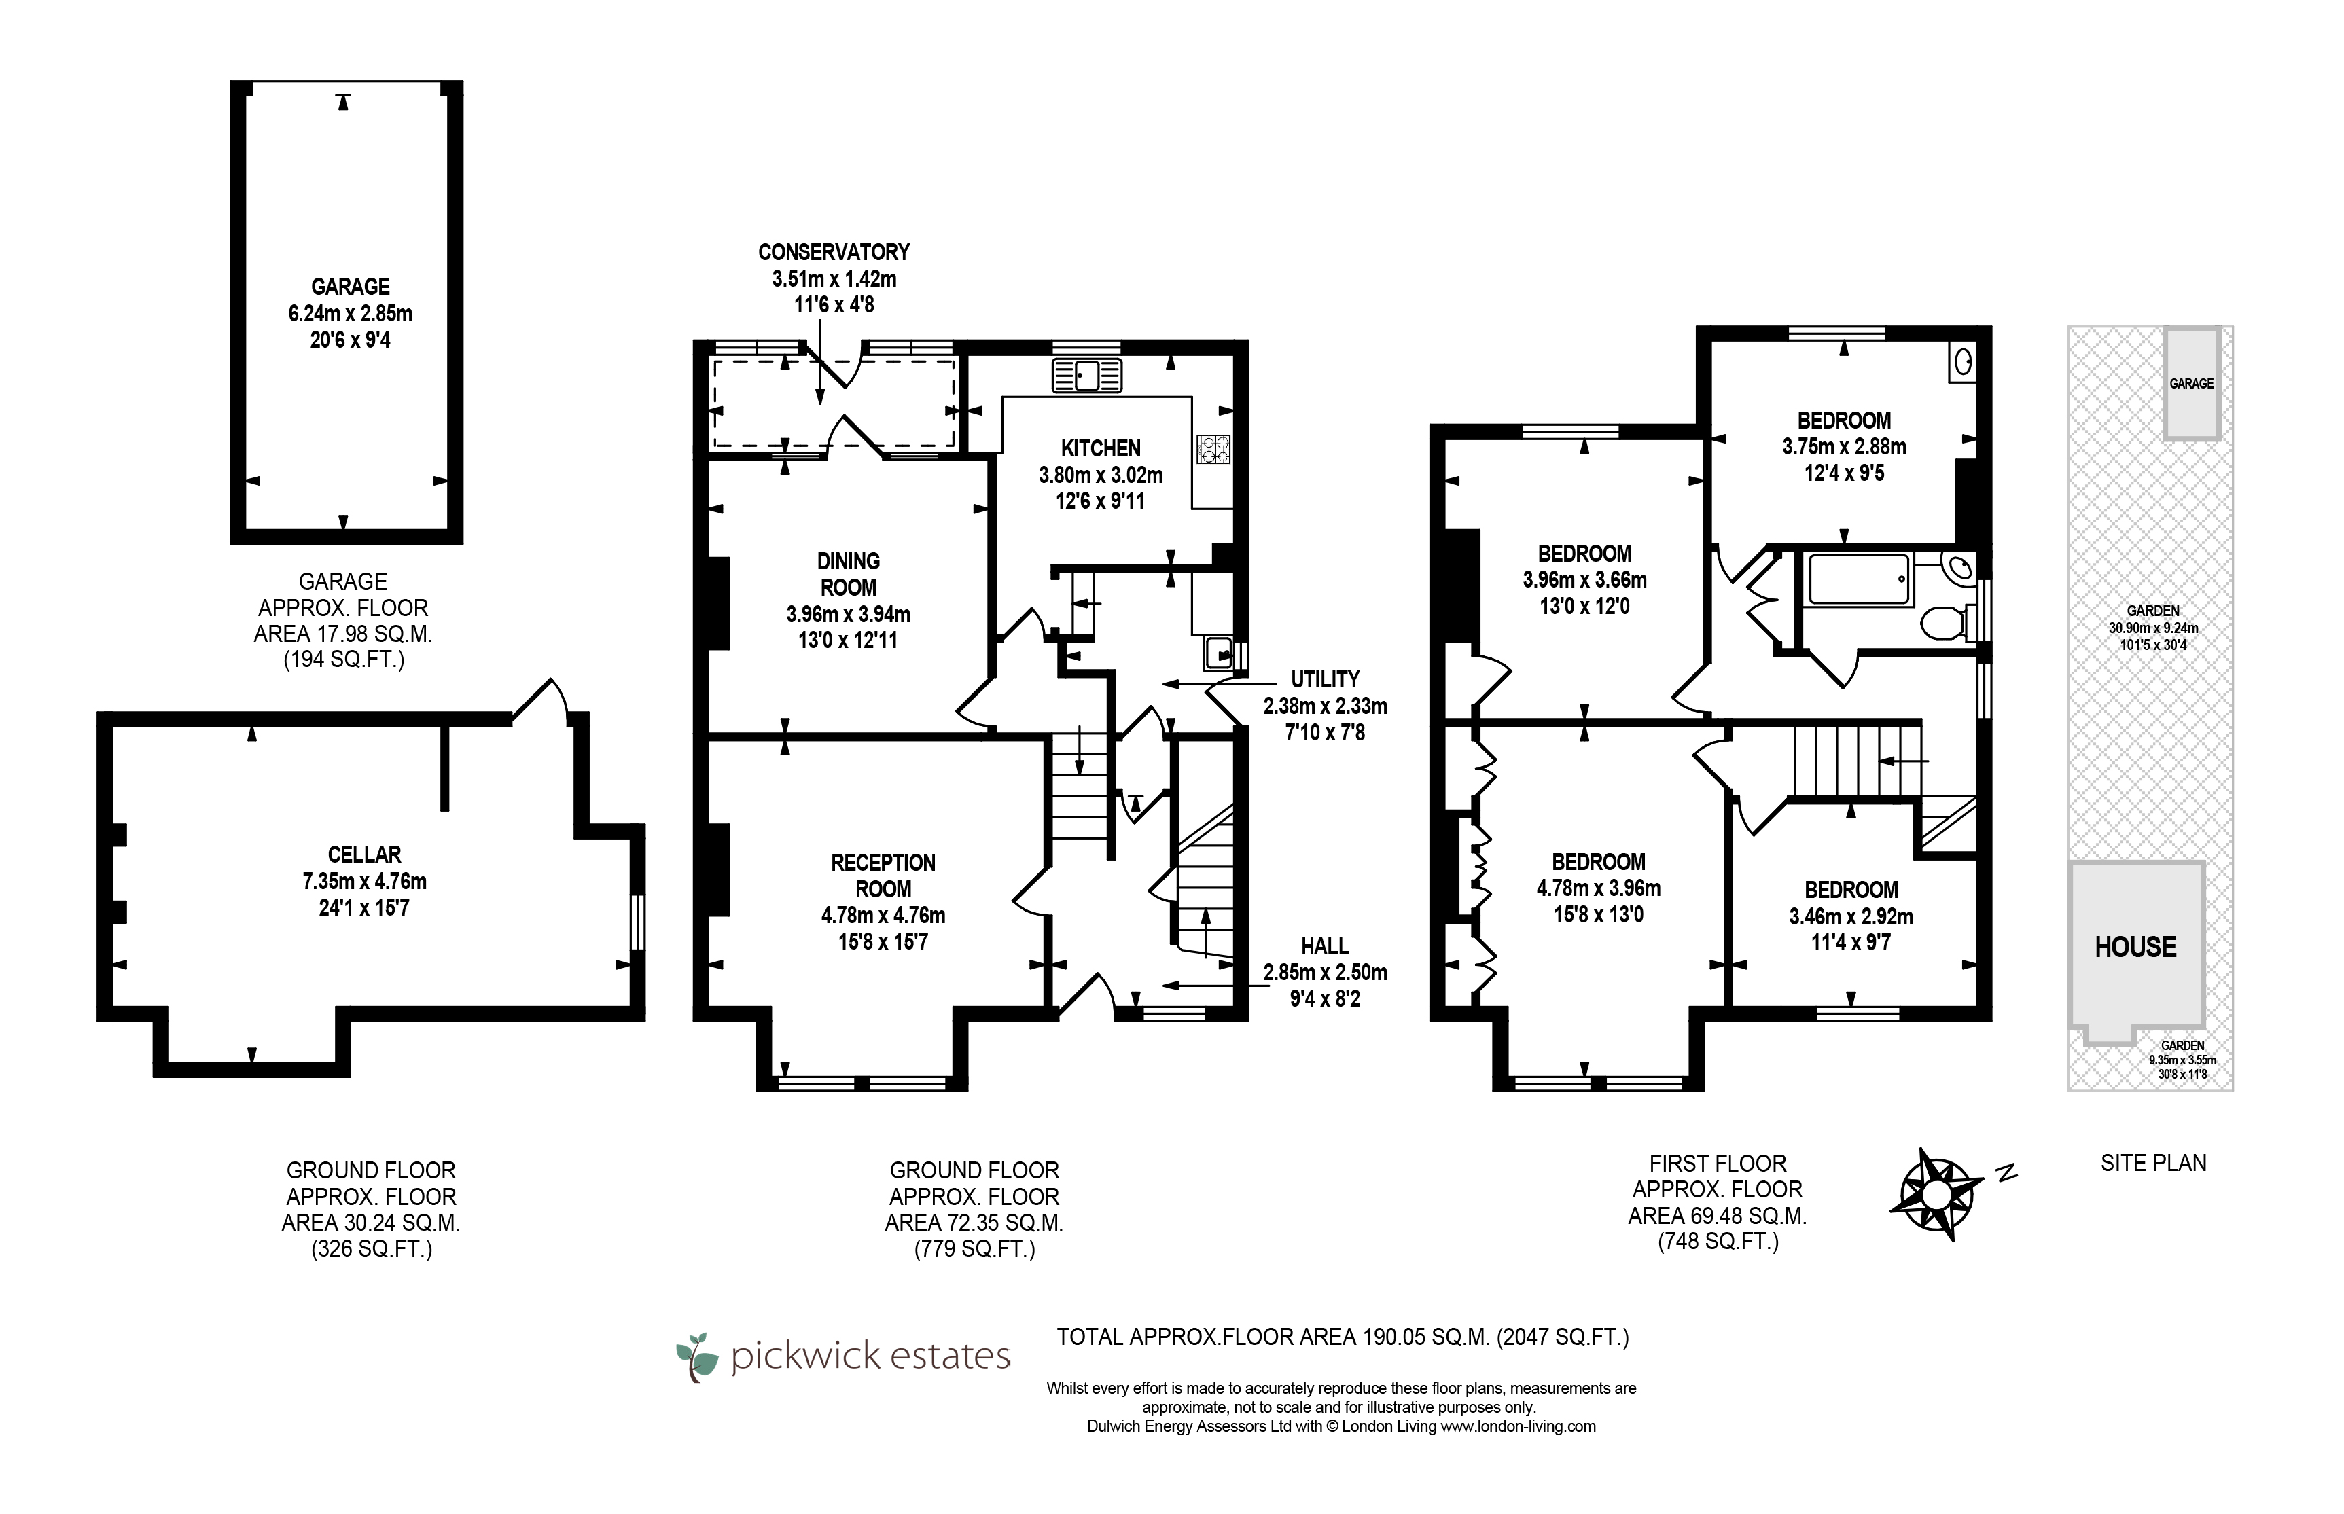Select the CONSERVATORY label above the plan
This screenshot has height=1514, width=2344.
[x=834, y=252]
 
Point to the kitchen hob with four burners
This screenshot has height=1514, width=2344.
[x=1212, y=449]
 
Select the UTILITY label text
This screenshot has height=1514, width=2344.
[x=1324, y=679]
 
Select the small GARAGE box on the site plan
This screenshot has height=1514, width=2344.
[x=2192, y=382]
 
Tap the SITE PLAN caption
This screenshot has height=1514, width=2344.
[x=2153, y=1163]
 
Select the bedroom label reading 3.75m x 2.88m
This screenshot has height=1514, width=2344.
[x=1843, y=446]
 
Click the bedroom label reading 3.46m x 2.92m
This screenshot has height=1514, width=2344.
[x=1851, y=916]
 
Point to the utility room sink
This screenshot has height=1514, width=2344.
[x=1218, y=653]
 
